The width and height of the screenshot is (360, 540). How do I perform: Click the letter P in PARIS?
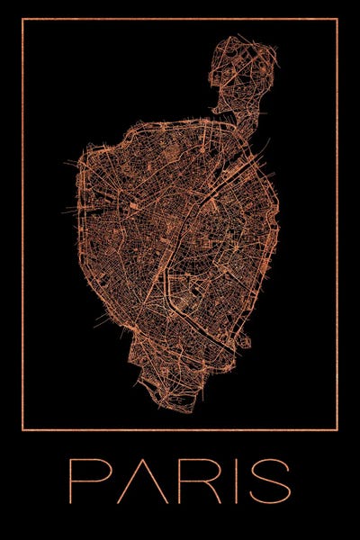[85, 481]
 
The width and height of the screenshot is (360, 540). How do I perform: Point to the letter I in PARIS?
[238, 481]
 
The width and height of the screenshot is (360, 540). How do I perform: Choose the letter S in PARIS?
[271, 481]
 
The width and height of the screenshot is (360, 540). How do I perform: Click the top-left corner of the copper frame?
[22, 19]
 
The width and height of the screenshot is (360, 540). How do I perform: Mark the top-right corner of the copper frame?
[337, 19]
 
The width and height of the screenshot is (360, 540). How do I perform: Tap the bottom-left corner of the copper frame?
[22, 430]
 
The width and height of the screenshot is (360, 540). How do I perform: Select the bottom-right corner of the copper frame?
[337, 430]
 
